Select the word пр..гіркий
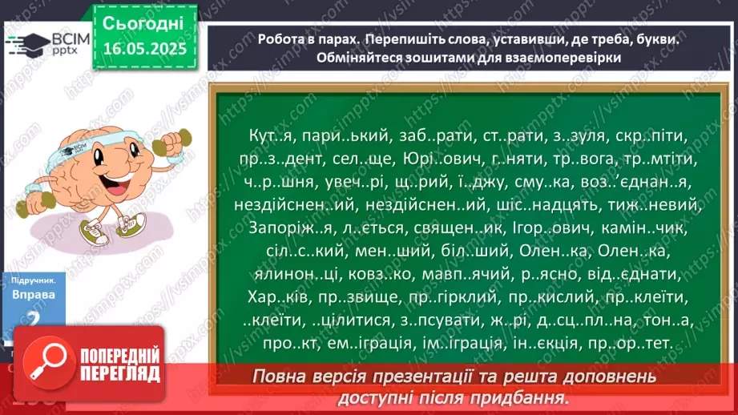pos(447,298)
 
